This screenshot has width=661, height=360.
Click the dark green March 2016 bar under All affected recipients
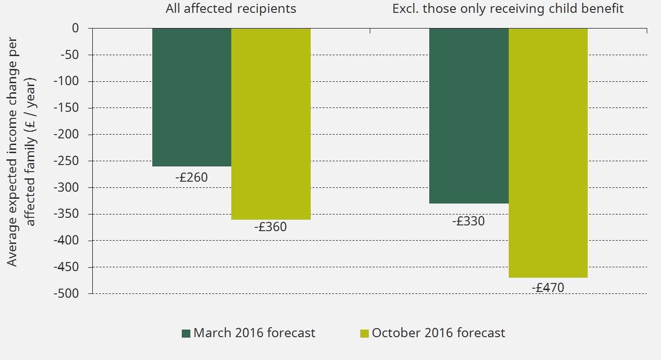click(x=192, y=97)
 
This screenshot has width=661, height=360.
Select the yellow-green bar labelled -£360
click(x=271, y=124)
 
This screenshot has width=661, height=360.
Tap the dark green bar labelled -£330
click(x=469, y=116)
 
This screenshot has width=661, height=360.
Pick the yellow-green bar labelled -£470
click(x=548, y=152)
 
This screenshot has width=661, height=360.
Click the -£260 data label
click(x=191, y=178)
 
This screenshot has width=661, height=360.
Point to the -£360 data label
click(x=270, y=227)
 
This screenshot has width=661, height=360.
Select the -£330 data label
click(x=468, y=221)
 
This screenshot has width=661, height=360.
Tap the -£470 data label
click(x=548, y=288)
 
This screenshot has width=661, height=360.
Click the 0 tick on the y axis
click(x=76, y=28)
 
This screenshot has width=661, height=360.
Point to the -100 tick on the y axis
click(x=69, y=81)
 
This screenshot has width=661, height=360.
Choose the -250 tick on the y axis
click(x=69, y=161)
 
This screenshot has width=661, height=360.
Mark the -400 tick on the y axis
click(x=69, y=241)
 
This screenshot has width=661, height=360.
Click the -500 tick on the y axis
click(x=69, y=293)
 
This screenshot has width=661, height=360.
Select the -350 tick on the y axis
click(x=69, y=214)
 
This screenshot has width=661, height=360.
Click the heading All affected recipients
click(x=231, y=9)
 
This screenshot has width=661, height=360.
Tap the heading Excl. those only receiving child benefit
click(x=508, y=9)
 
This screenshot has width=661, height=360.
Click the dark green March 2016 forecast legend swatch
click(x=186, y=333)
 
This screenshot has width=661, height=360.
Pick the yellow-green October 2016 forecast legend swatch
click(x=364, y=333)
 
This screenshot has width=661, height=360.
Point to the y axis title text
click(x=21, y=152)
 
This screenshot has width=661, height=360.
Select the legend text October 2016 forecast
click(x=438, y=333)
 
